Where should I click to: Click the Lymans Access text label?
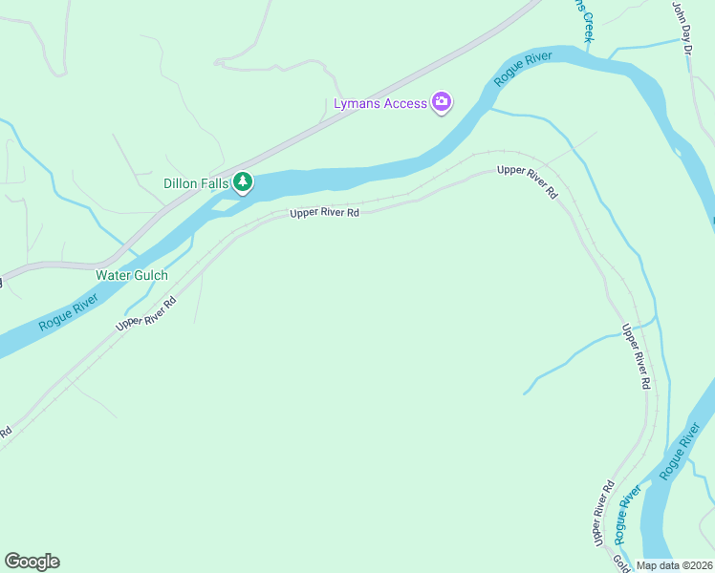[x=379, y=103]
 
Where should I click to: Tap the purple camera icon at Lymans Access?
[x=442, y=102]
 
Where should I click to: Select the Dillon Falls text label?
[x=196, y=181]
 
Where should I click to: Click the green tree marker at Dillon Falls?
[x=243, y=181]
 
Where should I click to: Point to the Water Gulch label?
[x=132, y=275]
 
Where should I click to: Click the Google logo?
[x=32, y=562]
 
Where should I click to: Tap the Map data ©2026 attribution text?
[x=674, y=565]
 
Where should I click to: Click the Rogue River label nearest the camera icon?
[x=524, y=71]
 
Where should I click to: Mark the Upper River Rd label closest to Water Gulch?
[x=146, y=313]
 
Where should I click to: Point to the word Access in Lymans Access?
[x=405, y=103]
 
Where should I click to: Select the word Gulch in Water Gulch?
[x=149, y=275]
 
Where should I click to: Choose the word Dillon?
[x=179, y=181]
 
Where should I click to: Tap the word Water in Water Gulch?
[x=113, y=275]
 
